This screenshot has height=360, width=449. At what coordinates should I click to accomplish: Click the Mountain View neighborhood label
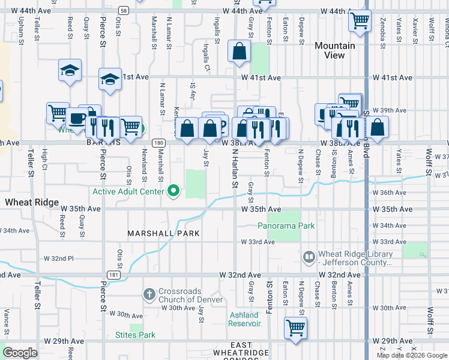pos(335,50)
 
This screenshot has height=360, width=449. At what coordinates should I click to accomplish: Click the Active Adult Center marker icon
pos(174,191)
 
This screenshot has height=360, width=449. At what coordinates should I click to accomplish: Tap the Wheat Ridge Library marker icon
pos(309,257)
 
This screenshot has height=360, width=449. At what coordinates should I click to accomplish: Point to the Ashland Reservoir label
pos(244,319)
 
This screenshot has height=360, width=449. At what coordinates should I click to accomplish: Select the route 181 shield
pos(113,274)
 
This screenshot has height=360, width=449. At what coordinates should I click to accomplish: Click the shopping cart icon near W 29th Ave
pos(295,328)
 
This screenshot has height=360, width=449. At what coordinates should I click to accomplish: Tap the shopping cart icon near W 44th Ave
pos(360,21)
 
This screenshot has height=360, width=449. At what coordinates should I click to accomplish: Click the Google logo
pos(20,353)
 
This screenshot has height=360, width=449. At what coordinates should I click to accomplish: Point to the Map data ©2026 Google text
pos(412,355)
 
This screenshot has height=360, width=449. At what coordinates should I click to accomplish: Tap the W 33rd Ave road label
pos(258,242)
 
